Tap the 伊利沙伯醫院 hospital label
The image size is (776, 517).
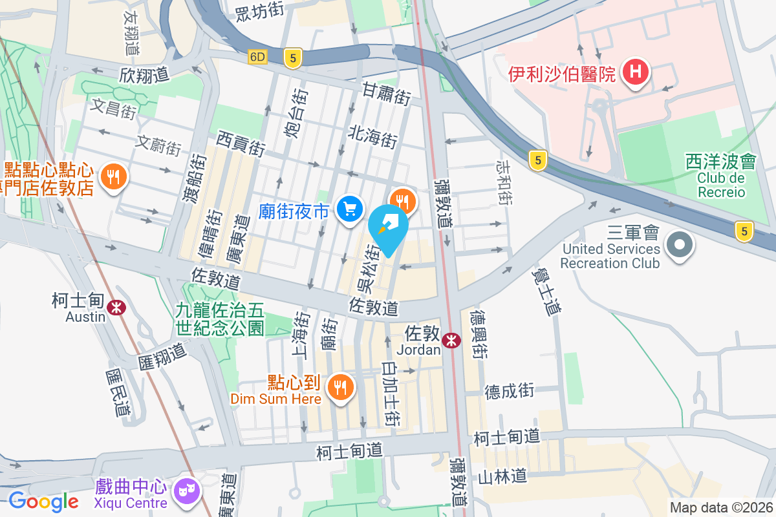[561, 74]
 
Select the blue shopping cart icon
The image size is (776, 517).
[350, 209]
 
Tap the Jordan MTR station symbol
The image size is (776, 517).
[451, 339]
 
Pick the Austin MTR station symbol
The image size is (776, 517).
[116, 307]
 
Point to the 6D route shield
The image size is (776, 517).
[257, 57]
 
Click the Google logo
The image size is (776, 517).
[43, 501]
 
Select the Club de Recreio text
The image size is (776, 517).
[721, 185]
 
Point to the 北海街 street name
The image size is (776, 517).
[372, 137]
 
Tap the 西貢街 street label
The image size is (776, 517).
[241, 143]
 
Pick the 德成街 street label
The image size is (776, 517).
[510, 390]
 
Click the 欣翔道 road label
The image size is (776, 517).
[144, 74]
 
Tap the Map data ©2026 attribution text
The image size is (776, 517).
[721, 507]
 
